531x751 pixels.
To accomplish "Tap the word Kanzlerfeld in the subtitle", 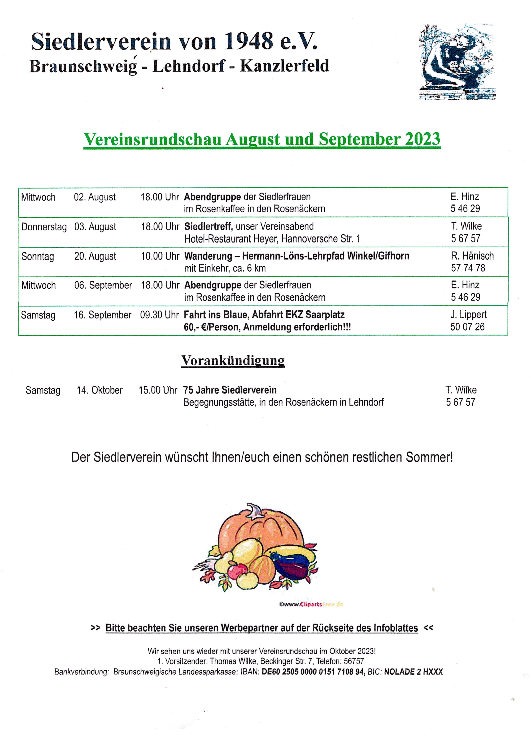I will (x=284, y=66).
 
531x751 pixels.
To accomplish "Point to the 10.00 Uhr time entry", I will (x=160, y=256).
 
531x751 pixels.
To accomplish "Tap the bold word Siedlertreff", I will (x=208, y=226).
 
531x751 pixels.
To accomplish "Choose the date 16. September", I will (x=102, y=315).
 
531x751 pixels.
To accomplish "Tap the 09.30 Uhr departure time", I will (x=159, y=315).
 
